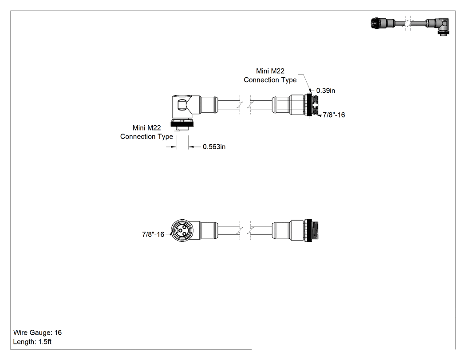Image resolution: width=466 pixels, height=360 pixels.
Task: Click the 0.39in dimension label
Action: pos(325,91)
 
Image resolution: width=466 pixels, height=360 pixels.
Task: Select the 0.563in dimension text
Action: pos(214,146)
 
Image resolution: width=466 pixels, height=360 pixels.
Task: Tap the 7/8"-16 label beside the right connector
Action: pos(334,115)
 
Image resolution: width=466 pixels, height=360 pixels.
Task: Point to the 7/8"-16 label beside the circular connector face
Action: pos(153,234)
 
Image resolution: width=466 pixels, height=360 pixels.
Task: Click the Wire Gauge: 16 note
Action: pos(37,332)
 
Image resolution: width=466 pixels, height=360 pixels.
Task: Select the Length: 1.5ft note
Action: pos(32,341)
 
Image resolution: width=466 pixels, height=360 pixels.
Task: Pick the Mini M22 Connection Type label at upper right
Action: pos(270,75)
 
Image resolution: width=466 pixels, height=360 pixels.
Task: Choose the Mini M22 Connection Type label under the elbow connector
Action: pos(146,132)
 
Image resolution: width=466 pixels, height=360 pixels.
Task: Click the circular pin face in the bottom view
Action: pos(182,230)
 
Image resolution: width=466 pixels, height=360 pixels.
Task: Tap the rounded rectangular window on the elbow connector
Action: pos(181,105)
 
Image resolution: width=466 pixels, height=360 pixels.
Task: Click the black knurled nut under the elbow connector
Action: pos(182,123)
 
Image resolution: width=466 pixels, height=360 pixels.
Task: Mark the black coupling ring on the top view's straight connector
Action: pos(308,105)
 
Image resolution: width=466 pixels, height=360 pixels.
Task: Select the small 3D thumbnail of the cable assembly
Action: pos(410,26)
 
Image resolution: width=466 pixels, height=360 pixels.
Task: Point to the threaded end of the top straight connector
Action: pos(316,105)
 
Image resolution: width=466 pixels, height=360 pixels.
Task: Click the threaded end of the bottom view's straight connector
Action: pos(316,230)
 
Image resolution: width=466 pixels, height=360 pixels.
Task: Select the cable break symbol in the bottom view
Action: pos(245,230)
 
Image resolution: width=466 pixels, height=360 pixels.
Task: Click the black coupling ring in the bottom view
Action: pos(308,230)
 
